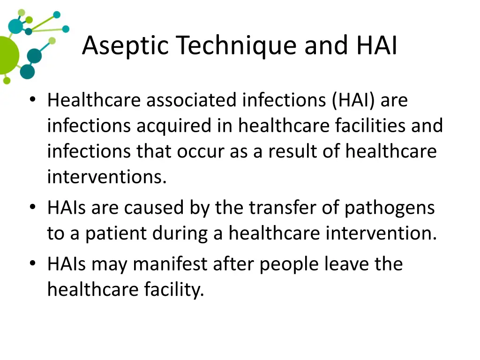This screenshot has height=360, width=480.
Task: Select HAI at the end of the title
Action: (x=376, y=46)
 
